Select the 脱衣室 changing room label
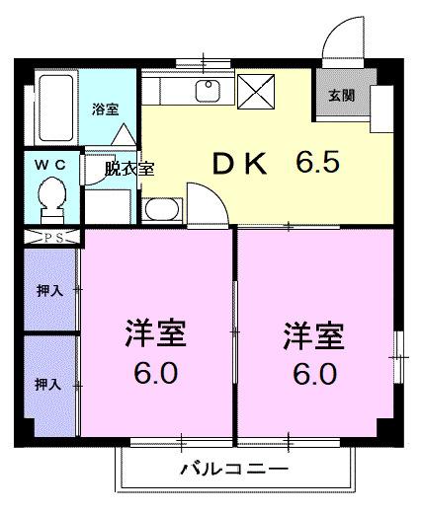pyautogui.click(x=130, y=169)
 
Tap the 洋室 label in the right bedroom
pyautogui.click(x=314, y=336)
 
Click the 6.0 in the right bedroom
pyautogui.click(x=314, y=375)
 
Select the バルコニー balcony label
pyautogui.click(x=233, y=469)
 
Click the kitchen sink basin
pyautogui.click(x=208, y=92)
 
